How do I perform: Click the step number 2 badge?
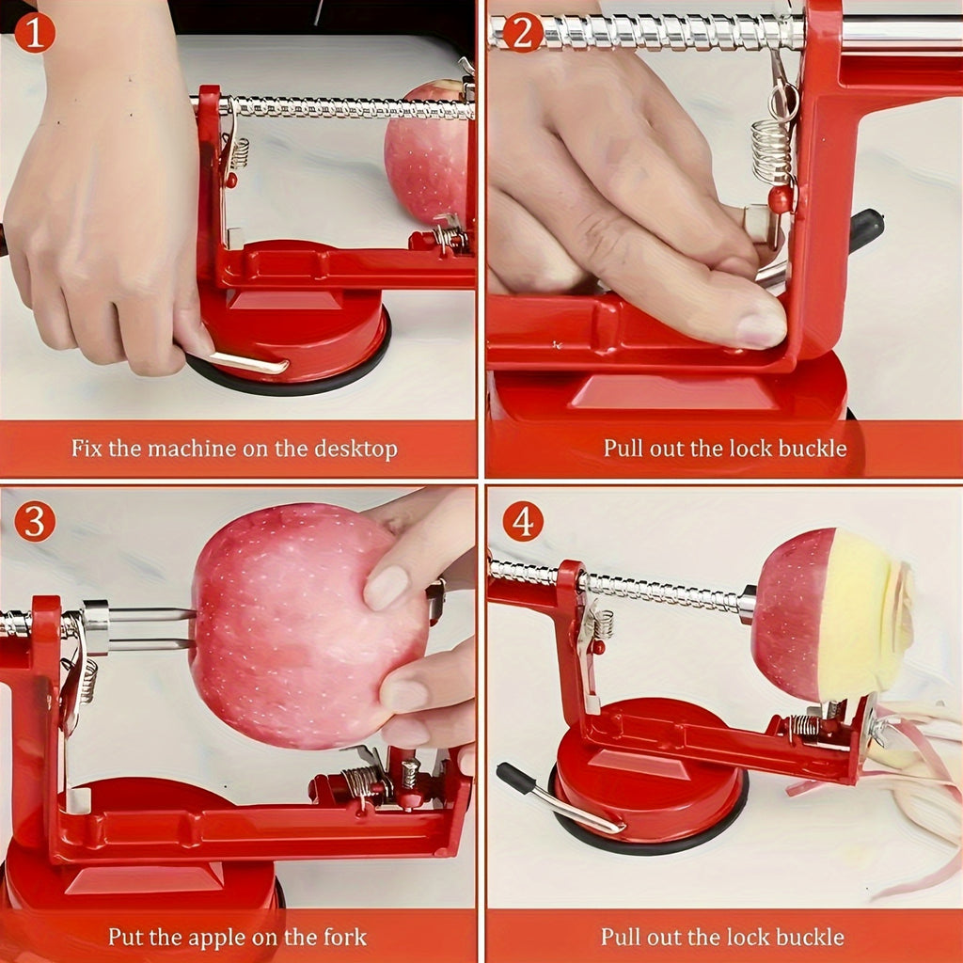(x=523, y=33)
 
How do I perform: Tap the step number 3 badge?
(x=34, y=522)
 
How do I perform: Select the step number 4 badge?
(x=523, y=522)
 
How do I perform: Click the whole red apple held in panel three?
(x=301, y=625)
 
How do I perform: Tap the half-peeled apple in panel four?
(x=828, y=616)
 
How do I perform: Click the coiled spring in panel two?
(x=771, y=150)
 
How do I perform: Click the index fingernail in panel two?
(x=762, y=329)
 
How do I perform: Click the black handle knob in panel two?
(x=865, y=229)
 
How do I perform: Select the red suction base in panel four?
(x=649, y=781)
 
